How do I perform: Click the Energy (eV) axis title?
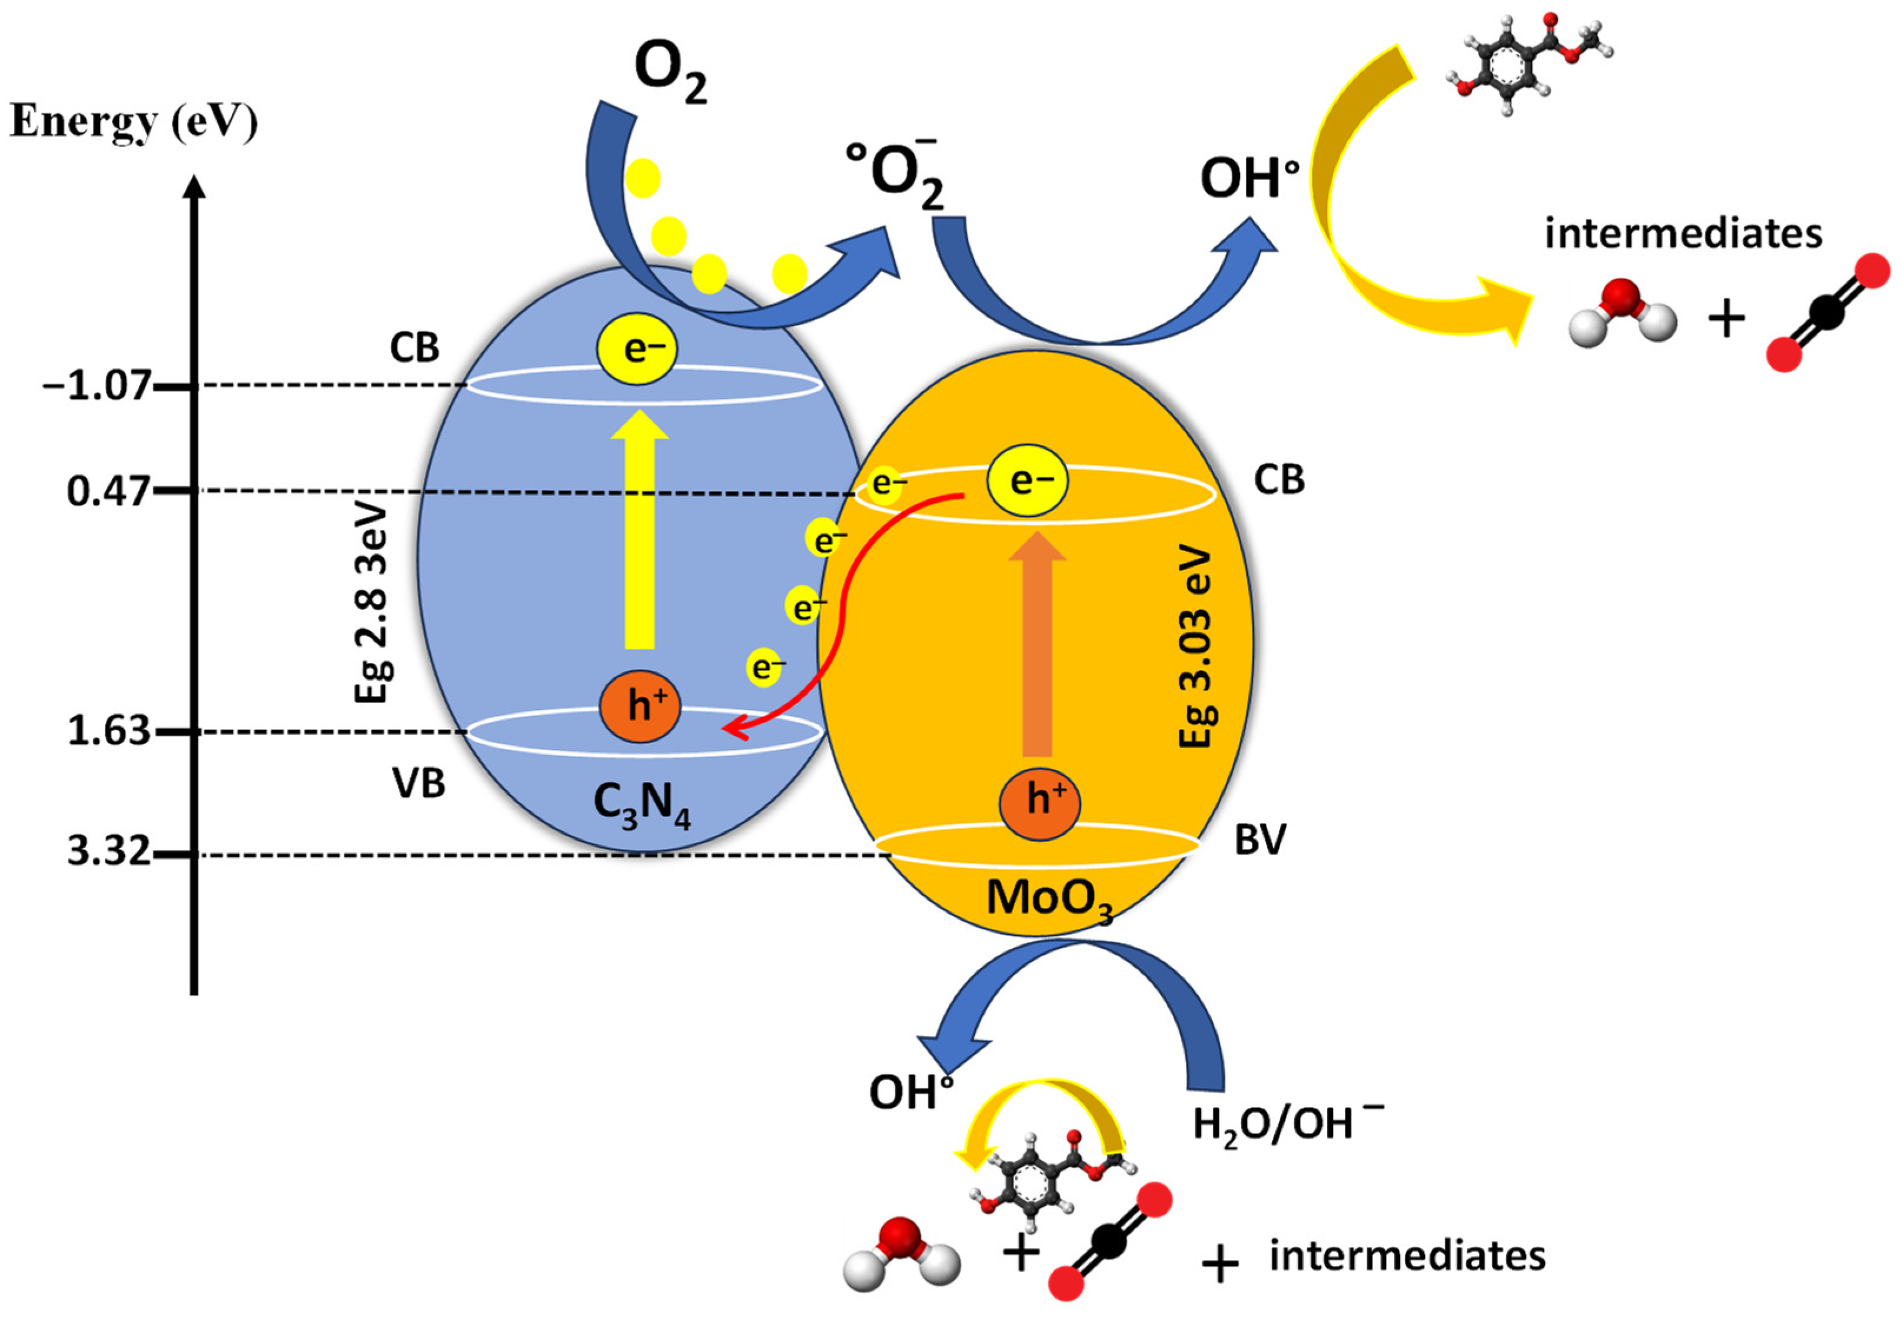click(134, 122)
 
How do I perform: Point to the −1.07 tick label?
click(97, 386)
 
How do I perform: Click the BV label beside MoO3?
click(1260, 841)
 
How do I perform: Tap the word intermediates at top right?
click(1683, 234)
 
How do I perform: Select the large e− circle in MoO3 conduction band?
click(1028, 480)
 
